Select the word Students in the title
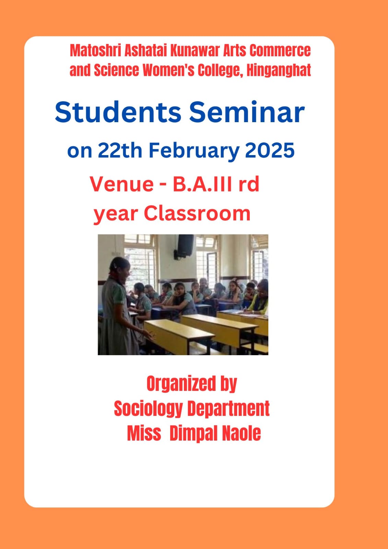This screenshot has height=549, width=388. point(118,113)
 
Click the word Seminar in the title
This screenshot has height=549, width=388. point(247,113)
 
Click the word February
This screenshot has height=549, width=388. point(194,151)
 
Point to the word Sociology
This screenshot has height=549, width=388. point(149,409)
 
